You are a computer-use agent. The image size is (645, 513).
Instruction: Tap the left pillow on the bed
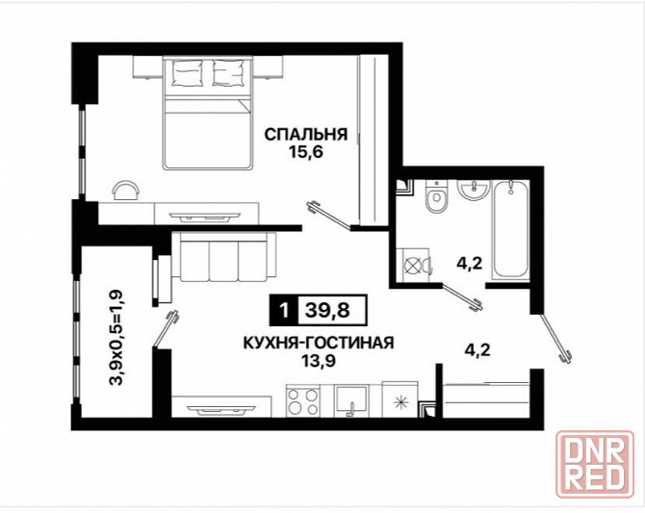[187, 70]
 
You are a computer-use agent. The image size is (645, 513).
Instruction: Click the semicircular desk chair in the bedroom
[125, 189]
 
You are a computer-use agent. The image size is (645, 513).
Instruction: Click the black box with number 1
[283, 311]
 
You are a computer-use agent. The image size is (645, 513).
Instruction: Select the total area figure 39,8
[326, 311]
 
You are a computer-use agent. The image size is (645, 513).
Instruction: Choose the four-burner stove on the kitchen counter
[305, 399]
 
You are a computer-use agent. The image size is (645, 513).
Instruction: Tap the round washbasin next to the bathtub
[474, 192]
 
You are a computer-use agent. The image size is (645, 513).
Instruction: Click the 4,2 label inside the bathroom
[468, 262]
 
